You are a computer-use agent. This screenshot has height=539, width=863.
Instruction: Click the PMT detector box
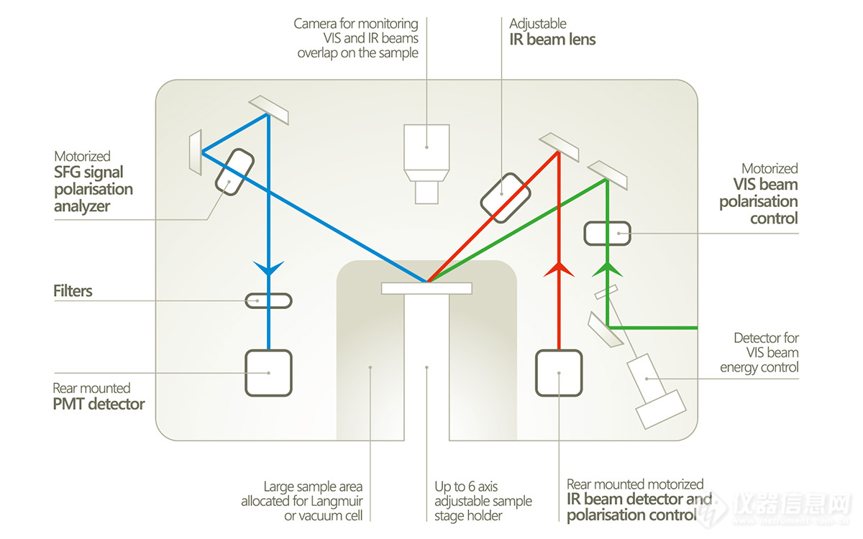[268, 372]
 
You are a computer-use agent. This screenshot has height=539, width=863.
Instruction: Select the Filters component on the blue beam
[268, 300]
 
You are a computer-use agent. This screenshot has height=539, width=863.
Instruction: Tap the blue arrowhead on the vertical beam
[268, 269]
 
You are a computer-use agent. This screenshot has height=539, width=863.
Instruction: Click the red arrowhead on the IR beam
[559, 269]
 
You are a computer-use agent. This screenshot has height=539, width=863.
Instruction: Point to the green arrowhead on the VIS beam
[608, 269]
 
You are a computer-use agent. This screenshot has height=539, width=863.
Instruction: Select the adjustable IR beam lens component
[506, 195]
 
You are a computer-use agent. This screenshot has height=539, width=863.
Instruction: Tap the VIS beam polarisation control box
[607, 233]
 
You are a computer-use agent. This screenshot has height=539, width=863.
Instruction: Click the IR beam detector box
[559, 372]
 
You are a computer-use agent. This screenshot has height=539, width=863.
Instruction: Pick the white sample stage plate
[426, 288]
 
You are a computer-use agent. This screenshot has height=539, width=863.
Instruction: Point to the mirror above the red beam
[560, 146]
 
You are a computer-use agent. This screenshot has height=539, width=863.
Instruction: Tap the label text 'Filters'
[73, 291]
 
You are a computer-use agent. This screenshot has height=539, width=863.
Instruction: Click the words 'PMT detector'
[99, 404]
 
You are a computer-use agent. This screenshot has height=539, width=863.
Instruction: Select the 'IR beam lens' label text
[552, 40]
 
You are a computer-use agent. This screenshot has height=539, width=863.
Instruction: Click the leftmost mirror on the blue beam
[196, 152]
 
